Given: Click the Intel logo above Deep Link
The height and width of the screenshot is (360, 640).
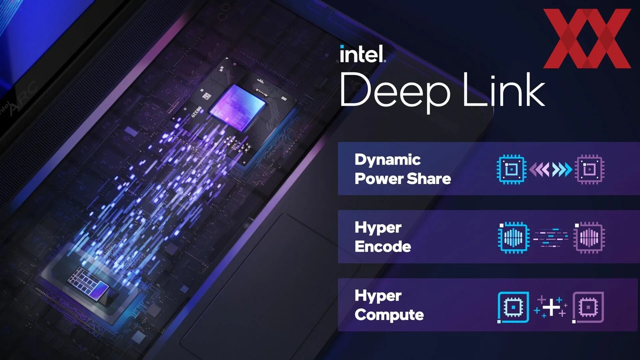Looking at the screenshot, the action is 363,54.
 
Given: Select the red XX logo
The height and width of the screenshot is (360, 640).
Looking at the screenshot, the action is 587,38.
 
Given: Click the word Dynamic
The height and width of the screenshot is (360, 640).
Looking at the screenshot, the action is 387,160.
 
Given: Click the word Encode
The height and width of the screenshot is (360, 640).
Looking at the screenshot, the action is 383,247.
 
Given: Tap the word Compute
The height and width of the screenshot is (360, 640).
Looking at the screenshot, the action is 389,315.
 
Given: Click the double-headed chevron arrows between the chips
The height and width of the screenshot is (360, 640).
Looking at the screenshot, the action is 551,169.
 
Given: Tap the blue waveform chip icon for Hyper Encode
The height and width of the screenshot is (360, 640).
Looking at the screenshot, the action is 513,237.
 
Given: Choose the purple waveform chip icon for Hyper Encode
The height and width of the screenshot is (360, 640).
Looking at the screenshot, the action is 589,237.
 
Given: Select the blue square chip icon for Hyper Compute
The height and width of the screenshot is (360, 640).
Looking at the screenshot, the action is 513,307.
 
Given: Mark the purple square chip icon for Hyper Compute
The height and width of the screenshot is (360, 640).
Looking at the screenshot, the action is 588,307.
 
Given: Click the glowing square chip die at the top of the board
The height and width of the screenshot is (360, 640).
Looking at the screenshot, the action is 237,107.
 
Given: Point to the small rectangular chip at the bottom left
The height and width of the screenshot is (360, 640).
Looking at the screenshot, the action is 88,285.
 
